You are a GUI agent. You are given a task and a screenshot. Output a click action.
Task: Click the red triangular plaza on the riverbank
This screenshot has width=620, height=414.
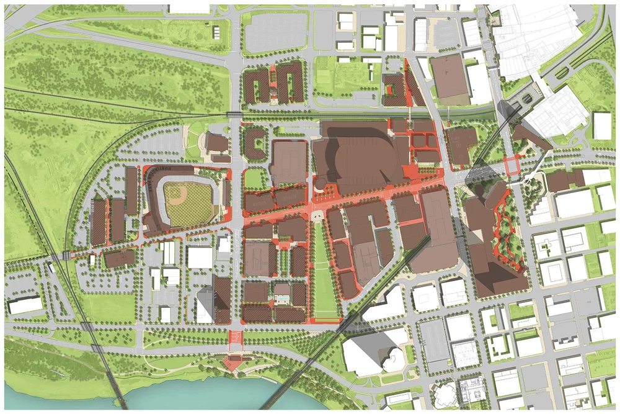[234, 362]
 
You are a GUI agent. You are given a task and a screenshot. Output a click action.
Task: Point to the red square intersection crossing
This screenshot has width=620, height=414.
[513, 166]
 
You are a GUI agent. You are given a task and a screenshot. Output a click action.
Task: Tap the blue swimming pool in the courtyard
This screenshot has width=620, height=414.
[282, 300]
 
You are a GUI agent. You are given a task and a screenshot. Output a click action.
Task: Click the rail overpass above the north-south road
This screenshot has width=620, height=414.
[235, 114]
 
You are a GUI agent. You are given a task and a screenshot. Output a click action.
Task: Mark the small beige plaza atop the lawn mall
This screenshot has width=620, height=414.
[317, 215]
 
